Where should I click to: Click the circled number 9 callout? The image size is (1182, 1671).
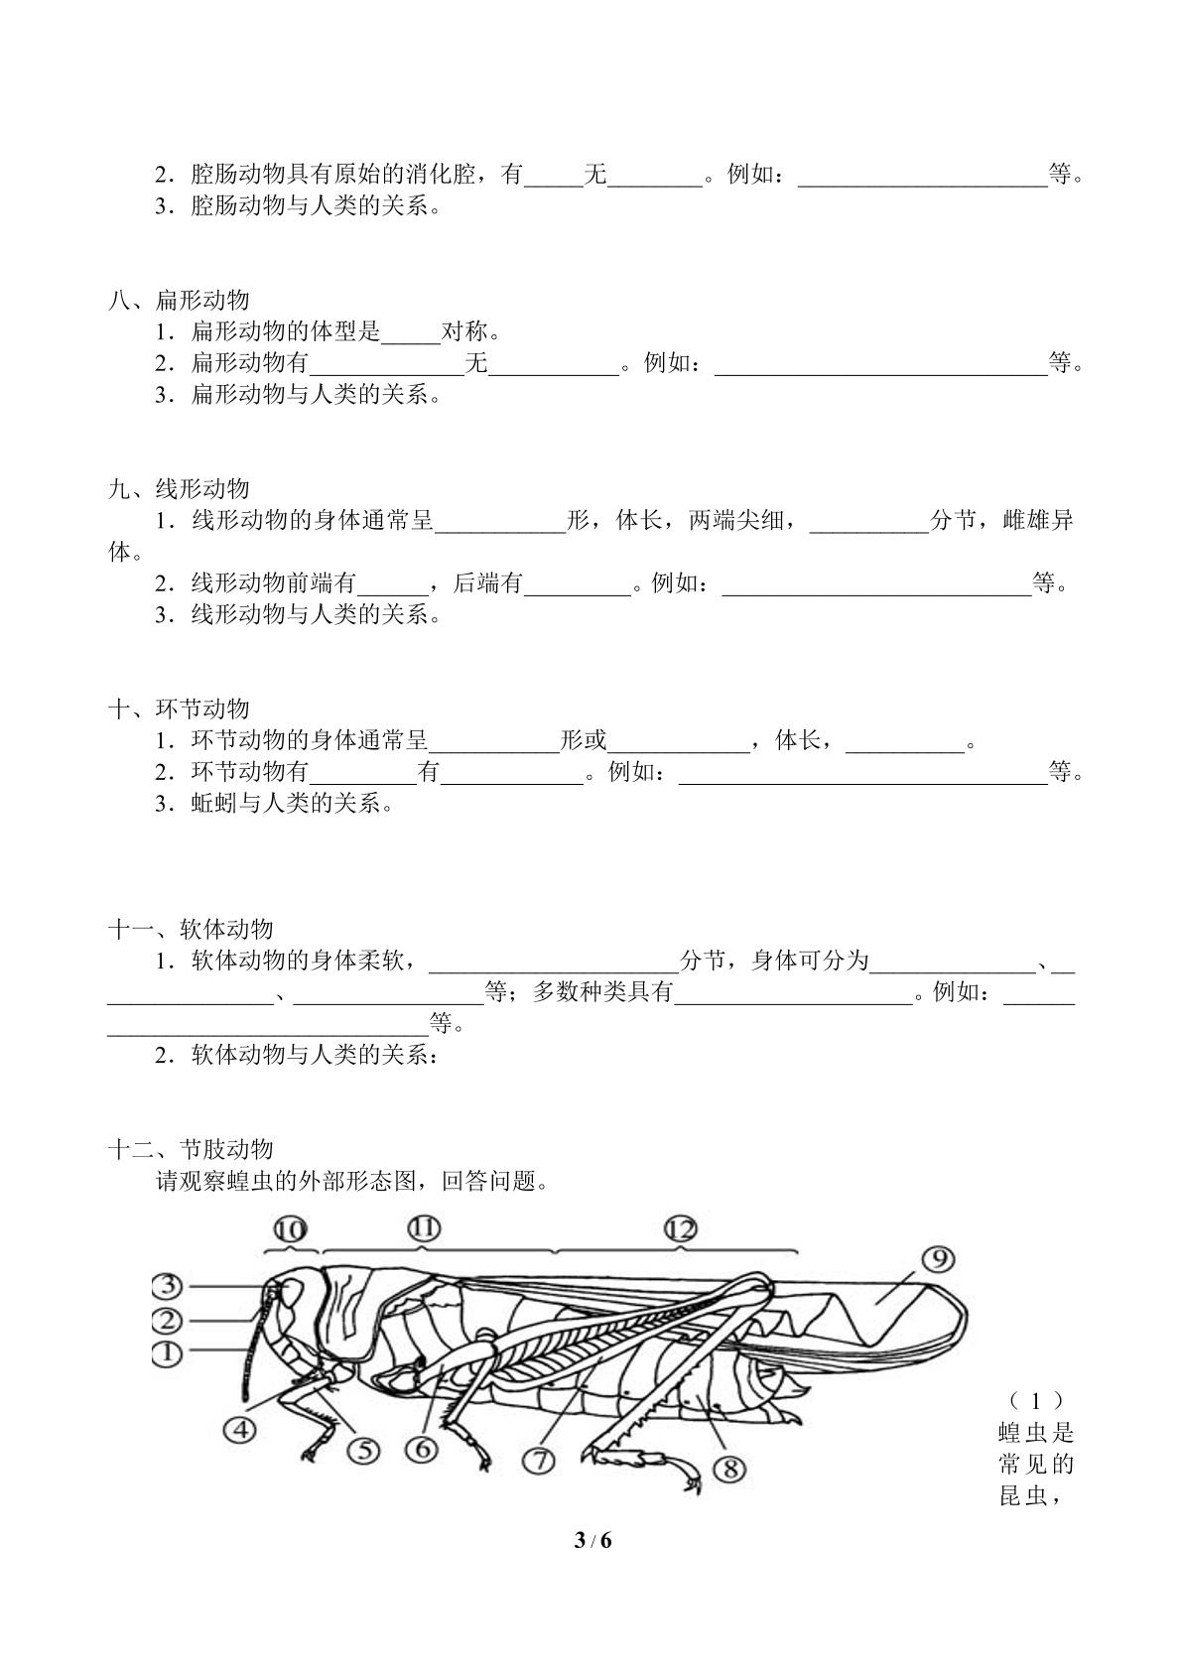point(939,1260)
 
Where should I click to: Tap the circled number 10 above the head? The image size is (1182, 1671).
point(290,1229)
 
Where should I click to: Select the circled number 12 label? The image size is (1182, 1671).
point(681,1228)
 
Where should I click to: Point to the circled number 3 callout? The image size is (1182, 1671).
point(167,1286)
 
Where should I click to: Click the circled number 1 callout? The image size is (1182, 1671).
point(167,1353)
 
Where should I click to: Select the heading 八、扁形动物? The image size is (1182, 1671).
point(179,301)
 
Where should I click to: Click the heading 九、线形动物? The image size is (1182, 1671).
point(179,489)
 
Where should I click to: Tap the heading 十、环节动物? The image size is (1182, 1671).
point(179,708)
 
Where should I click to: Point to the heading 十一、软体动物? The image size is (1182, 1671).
point(191,929)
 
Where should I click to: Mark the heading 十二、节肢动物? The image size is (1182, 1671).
point(191,1149)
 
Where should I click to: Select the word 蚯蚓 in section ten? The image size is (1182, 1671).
point(214,804)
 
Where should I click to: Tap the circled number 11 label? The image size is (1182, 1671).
point(424,1228)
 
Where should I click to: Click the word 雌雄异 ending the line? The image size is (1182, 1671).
point(1038,520)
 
